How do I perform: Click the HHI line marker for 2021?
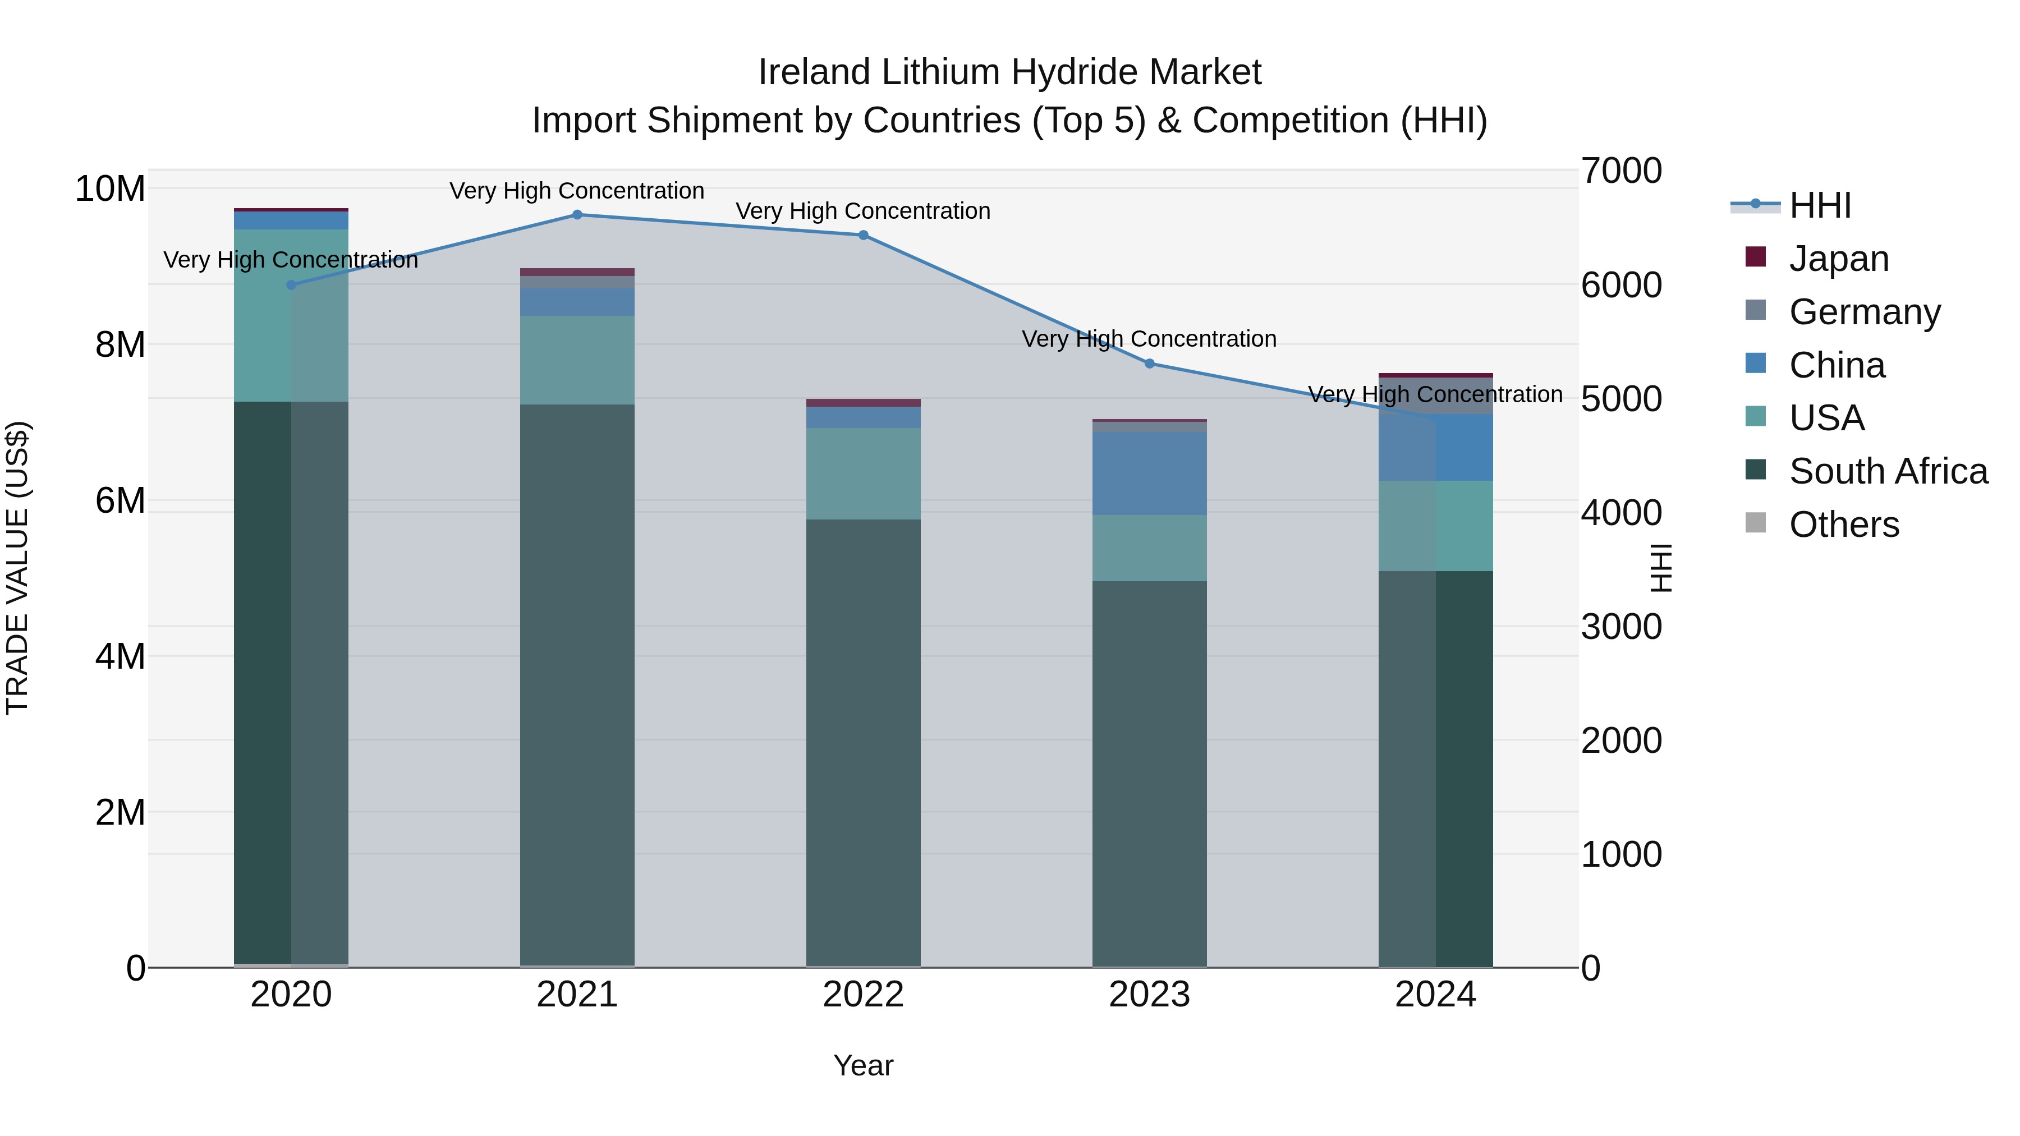pyautogui.click(x=577, y=215)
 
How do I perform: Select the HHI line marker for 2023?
pyautogui.click(x=1150, y=364)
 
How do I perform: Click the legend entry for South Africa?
pyautogui.click(x=1888, y=472)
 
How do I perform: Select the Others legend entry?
pyautogui.click(x=1844, y=525)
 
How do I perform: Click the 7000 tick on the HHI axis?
pyautogui.click(x=1621, y=171)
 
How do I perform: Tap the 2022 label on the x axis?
pyautogui.click(x=864, y=995)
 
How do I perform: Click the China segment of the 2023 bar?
pyautogui.click(x=1150, y=473)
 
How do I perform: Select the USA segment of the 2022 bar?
pyautogui.click(x=864, y=473)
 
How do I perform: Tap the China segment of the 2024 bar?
pyautogui.click(x=1436, y=448)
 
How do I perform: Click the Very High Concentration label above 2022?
pyautogui.click(x=864, y=211)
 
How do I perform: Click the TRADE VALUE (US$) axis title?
pyautogui.click(x=17, y=568)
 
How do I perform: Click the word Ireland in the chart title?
pyautogui.click(x=815, y=72)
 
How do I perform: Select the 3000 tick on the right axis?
pyautogui.click(x=1621, y=627)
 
